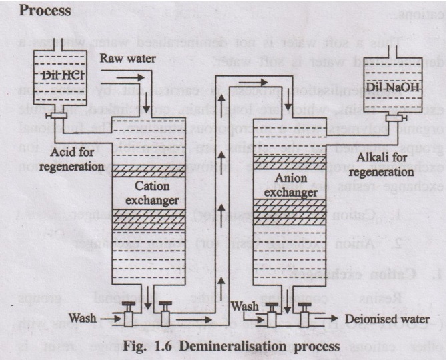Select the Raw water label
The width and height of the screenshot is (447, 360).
tap(127, 59)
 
